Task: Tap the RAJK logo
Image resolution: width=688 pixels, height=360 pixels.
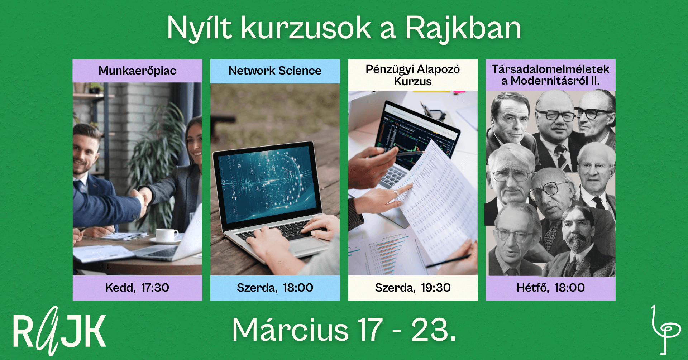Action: coord(59,331)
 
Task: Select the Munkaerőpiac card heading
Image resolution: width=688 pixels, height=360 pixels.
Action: coord(137,71)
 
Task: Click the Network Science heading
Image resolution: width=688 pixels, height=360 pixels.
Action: coord(275,71)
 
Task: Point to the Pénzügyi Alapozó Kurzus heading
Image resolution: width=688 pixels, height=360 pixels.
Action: coord(412,75)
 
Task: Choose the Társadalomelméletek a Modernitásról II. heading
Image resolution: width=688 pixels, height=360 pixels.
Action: coord(550,75)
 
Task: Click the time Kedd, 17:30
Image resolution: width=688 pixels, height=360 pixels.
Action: coord(137,288)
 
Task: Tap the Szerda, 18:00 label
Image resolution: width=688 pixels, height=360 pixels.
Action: coord(275,288)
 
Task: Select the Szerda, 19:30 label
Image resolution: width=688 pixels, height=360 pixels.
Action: coord(412,288)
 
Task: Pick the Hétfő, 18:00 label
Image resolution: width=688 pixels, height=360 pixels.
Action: coord(550,288)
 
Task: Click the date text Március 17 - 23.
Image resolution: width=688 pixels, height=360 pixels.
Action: coord(344,330)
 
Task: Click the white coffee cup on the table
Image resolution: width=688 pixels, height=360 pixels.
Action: coord(166,235)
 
